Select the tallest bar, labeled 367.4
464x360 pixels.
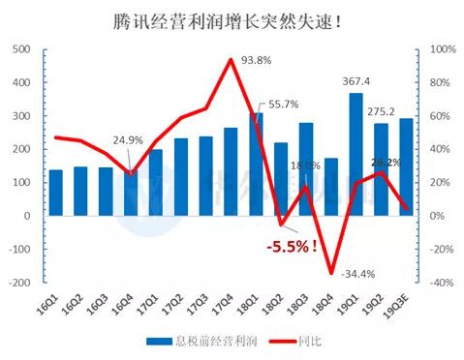click(x=356, y=154)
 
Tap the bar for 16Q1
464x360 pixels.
click(x=55, y=193)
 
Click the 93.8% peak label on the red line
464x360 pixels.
click(x=256, y=60)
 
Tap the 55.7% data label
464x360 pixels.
click(x=283, y=105)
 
